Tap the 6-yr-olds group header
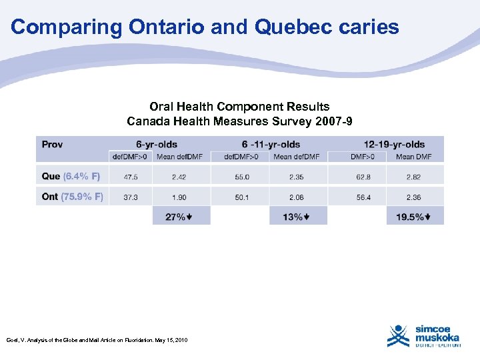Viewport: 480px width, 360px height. click(157, 144)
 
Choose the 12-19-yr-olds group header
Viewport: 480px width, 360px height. click(394, 144)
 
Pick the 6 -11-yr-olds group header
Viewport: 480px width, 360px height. click(271, 144)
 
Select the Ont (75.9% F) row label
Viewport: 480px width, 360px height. click(72, 197)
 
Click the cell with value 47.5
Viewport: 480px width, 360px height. click(131, 177)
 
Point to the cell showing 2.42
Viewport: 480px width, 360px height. click(179, 177)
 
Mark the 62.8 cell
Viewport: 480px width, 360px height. click(363, 177)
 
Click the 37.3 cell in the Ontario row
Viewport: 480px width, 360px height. click(131, 197)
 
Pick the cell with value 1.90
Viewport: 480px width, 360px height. click(179, 197)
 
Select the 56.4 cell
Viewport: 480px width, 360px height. click(363, 197)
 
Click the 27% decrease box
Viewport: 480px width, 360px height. click(181, 217)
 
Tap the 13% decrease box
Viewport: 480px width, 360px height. click(298, 217)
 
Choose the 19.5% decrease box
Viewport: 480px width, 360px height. click(415, 217)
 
